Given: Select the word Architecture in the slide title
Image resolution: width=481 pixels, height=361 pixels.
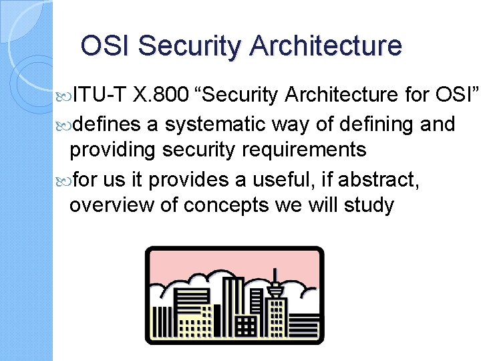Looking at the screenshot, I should click(x=326, y=46).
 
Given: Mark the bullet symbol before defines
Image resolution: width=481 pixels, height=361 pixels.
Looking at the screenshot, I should click(x=64, y=124).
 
